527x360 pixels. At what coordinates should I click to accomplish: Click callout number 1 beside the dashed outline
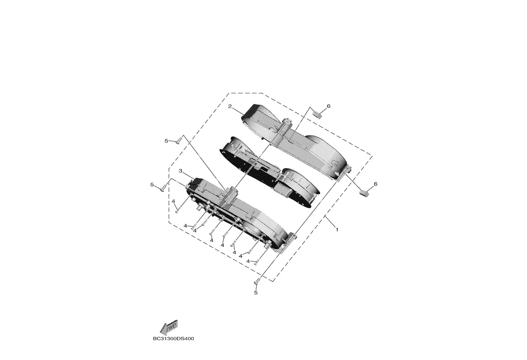coord(337,230)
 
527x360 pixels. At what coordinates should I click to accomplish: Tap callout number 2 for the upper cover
coord(230,107)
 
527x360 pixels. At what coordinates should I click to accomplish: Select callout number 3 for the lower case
coord(181,171)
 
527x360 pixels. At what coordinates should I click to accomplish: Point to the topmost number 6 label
coord(328,106)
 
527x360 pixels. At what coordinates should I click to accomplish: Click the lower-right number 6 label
coord(375,184)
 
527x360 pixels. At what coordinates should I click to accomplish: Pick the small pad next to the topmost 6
coord(318,115)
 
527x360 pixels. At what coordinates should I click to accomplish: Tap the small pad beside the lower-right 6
coord(364,192)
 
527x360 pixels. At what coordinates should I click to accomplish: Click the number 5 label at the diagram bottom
coord(256,293)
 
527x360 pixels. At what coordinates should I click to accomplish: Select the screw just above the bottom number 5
coord(258,281)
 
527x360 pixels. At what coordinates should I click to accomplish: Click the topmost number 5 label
coord(166,141)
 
